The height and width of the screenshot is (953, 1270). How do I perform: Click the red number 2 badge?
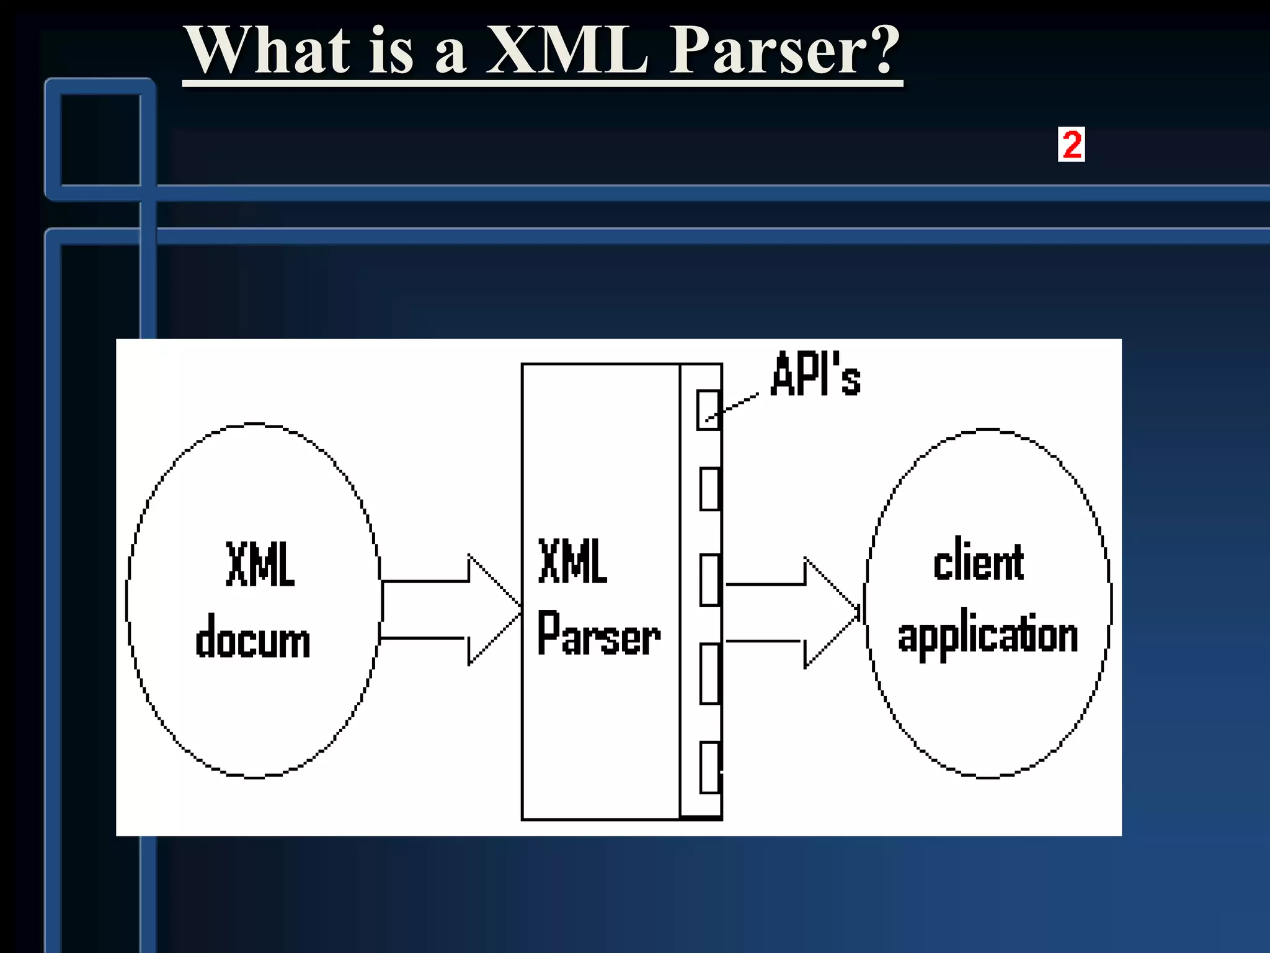click(x=1071, y=145)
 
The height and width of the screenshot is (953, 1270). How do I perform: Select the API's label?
click(x=815, y=374)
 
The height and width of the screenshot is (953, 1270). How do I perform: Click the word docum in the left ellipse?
click(x=252, y=639)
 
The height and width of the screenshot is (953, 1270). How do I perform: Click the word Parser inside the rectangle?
click(x=598, y=634)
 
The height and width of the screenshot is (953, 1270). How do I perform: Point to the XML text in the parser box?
click(x=572, y=562)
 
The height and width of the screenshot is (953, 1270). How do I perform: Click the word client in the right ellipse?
click(x=978, y=562)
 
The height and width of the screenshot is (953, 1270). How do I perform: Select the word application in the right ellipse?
click(x=987, y=636)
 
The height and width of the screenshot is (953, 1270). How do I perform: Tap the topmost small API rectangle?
click(x=708, y=409)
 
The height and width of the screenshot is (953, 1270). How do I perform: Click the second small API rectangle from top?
click(x=709, y=489)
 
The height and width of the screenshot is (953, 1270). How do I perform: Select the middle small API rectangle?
click(x=709, y=579)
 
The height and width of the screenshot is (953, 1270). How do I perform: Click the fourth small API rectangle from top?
click(x=709, y=673)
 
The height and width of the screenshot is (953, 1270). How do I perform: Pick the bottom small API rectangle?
click(x=709, y=767)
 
